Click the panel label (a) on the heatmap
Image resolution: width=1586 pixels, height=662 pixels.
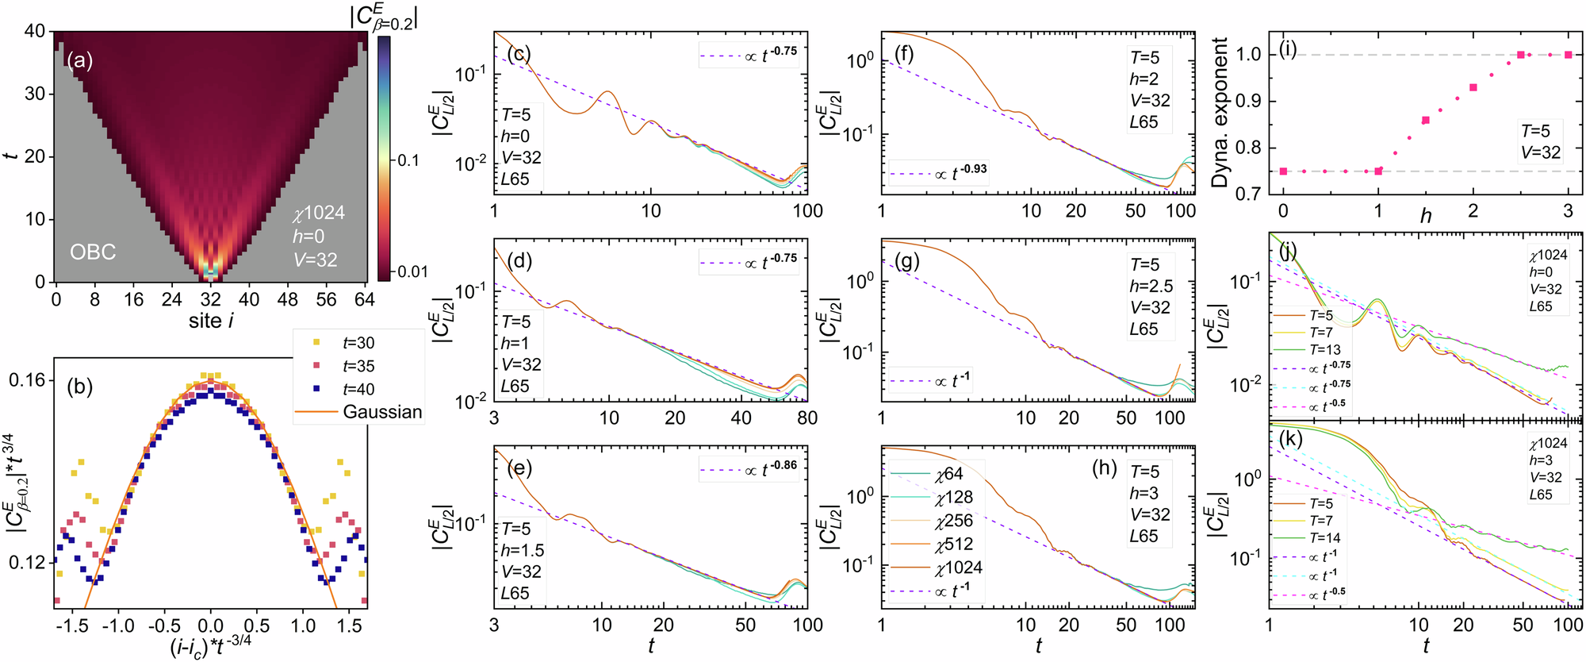[79, 61]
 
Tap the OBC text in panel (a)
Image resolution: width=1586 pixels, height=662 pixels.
[93, 252]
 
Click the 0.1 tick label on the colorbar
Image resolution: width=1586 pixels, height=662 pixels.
[408, 160]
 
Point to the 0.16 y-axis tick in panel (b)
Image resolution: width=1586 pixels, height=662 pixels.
[27, 380]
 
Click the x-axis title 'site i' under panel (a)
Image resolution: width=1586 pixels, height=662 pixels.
[211, 321]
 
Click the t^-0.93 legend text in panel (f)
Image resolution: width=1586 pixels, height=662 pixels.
[960, 173]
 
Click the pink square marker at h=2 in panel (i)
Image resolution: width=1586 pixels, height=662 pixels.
[1473, 87]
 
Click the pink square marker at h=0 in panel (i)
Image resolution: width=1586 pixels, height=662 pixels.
[1284, 171]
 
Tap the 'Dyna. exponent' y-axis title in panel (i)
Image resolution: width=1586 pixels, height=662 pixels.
[1220, 112]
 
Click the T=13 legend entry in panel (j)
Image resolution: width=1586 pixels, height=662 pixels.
[1325, 350]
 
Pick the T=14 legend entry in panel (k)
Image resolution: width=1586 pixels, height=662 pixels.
[1325, 538]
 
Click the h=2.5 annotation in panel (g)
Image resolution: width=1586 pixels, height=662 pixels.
[1151, 287]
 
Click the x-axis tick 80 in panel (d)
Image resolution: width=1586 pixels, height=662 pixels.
[806, 418]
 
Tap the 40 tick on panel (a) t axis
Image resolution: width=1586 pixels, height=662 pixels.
[34, 32]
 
